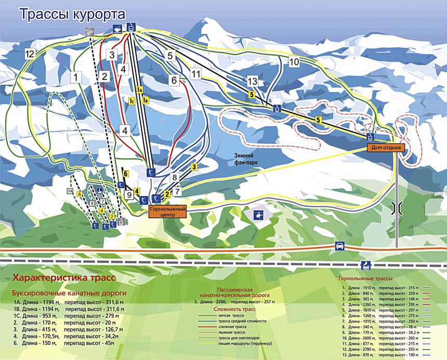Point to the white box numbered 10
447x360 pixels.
coord(294,62)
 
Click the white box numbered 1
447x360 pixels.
coord(77,77)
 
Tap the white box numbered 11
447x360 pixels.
coord(195,74)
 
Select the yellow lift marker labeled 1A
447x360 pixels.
coord(139,90)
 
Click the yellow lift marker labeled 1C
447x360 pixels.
coord(132,101)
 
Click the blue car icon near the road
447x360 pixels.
coord(338,246)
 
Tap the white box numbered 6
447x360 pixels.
coord(174,81)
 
